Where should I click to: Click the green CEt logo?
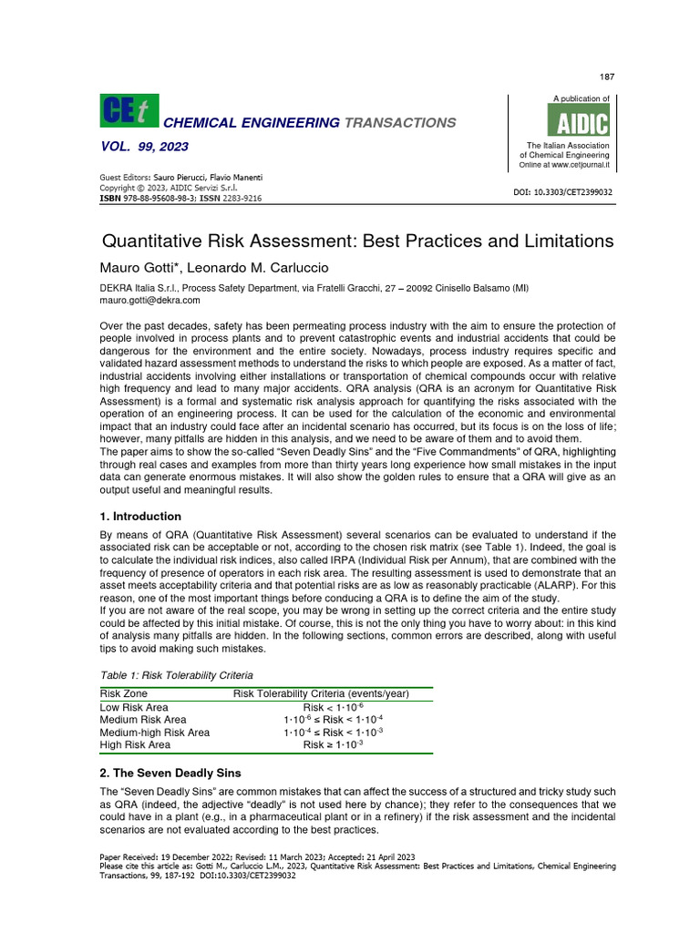(127, 111)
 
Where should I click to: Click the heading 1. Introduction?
(139, 517)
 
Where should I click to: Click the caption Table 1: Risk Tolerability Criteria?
(176, 675)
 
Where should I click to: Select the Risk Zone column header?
(123, 693)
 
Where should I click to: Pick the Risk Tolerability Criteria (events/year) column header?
(321, 693)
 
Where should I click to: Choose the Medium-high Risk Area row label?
(154, 732)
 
